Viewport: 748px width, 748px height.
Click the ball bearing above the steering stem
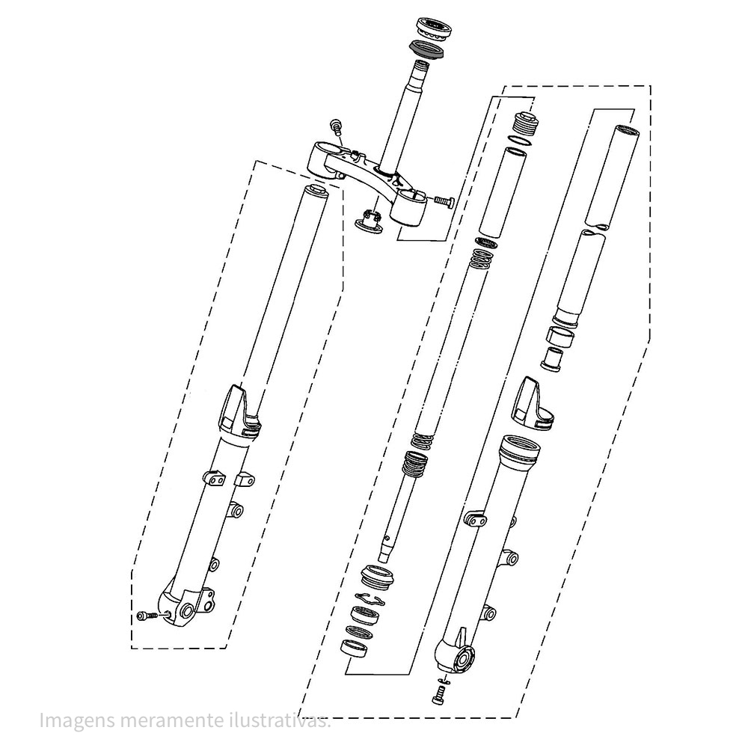point(432,28)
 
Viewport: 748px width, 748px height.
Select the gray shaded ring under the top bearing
point(427,49)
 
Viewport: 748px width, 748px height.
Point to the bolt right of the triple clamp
point(444,200)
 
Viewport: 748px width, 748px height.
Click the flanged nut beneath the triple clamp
point(370,221)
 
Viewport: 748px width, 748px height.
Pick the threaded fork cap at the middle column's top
point(526,122)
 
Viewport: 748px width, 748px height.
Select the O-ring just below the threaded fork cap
point(521,140)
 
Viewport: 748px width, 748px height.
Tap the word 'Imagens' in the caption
point(77,721)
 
